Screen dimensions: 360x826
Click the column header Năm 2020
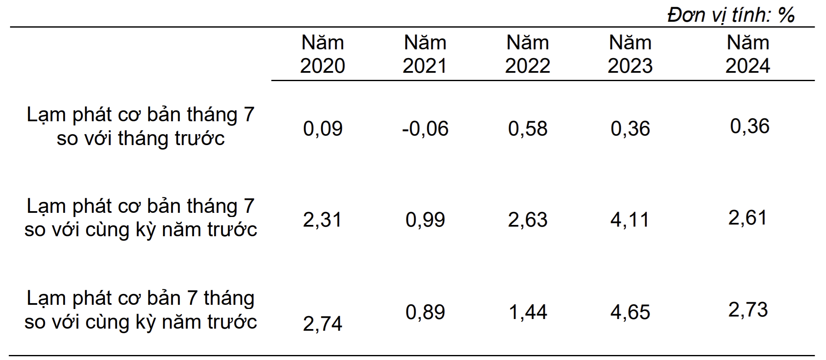322,54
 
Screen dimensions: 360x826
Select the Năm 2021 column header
425,54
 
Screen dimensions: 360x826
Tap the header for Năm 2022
527,54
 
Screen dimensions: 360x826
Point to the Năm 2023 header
630,54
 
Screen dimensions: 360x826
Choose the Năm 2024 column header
747,54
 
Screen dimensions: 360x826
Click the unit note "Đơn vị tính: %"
731,15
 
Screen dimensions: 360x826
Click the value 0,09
322,128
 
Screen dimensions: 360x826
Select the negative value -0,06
425,128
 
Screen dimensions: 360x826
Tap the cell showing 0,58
527,128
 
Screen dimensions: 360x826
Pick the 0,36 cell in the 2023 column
630,128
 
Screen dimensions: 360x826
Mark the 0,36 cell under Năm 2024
749,126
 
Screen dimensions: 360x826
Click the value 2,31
322,220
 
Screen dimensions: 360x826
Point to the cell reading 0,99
425,220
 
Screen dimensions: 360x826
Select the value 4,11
630,220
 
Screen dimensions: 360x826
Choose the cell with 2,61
747,217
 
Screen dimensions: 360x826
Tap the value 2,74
322,324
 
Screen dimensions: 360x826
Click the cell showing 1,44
528,312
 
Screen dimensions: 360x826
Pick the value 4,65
630,312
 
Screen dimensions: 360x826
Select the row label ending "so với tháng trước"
140,126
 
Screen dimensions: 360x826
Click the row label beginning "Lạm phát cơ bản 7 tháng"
140,310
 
